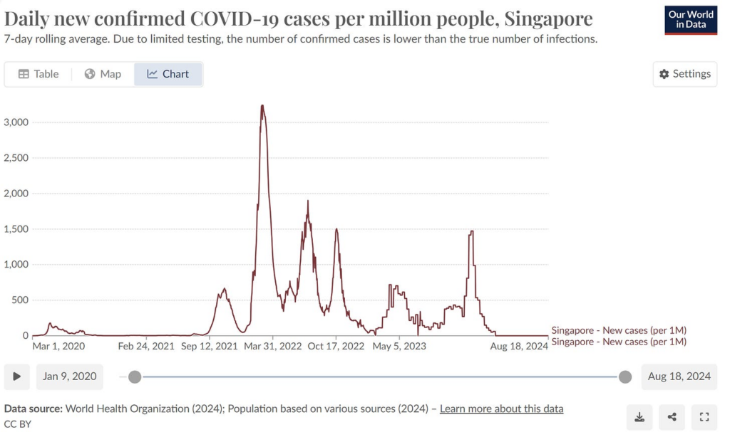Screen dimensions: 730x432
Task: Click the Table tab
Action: pyautogui.click(x=38, y=74)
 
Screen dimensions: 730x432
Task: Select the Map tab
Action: pyautogui.click(x=103, y=74)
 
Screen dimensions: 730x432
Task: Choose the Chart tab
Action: pyautogui.click(x=168, y=74)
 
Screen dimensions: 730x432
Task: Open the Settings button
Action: pyautogui.click(x=684, y=74)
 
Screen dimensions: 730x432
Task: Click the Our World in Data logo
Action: pyautogui.click(x=690, y=19)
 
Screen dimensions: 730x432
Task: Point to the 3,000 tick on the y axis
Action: pyautogui.click(x=16, y=122)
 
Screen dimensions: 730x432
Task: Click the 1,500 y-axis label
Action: pyautogui.click(x=16, y=229)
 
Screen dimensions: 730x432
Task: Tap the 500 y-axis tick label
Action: pyautogui.click(x=20, y=300)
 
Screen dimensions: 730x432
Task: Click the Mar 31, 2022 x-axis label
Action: pyautogui.click(x=272, y=347)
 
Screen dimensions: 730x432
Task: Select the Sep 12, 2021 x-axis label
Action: pyautogui.click(x=210, y=347)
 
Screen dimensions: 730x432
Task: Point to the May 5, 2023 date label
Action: pyautogui.click(x=399, y=347)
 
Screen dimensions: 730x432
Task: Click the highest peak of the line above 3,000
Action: pyautogui.click(x=262, y=106)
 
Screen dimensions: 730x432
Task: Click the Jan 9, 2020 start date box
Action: pyautogui.click(x=69, y=376)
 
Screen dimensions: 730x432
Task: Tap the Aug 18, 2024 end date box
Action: pyautogui.click(x=679, y=376)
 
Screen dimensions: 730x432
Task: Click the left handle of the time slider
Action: pyautogui.click(x=135, y=377)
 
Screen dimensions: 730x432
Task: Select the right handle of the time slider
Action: pyautogui.click(x=625, y=377)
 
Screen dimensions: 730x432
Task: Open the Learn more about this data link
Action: pyautogui.click(x=501, y=409)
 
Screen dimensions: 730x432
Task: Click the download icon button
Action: pyautogui.click(x=639, y=417)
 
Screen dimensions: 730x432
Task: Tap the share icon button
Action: pyautogui.click(x=672, y=417)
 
